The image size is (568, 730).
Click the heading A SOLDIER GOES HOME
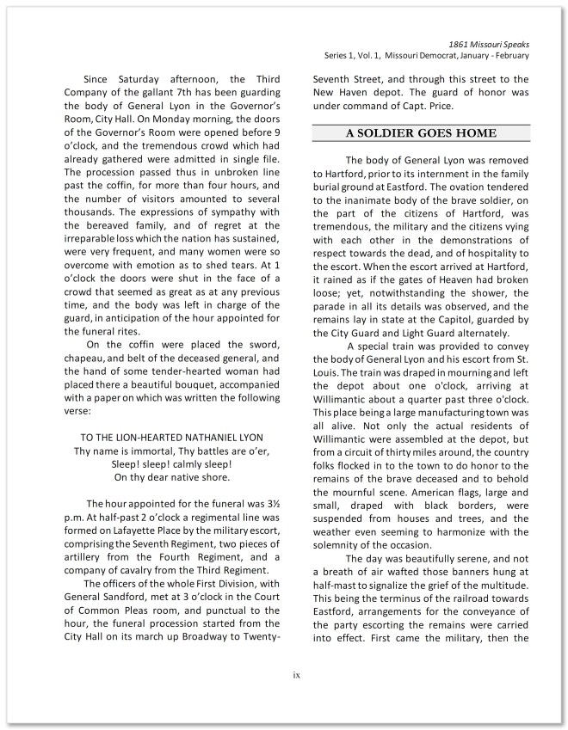pos(421,133)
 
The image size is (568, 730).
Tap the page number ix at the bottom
pos(295,675)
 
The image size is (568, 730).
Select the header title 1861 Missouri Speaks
pos(489,43)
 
